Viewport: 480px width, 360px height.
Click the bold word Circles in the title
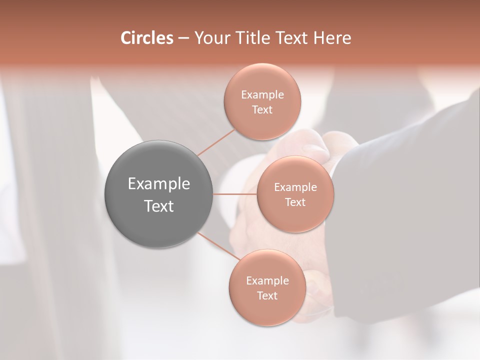click(x=147, y=38)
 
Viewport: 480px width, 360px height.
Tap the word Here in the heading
click(x=332, y=38)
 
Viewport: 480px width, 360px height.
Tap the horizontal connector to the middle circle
click(x=235, y=194)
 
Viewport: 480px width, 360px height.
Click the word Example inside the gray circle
click(x=159, y=184)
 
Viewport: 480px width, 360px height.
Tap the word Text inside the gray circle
click(x=159, y=206)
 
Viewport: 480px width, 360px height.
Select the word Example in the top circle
click(x=262, y=95)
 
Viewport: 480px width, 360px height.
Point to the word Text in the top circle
click(x=262, y=110)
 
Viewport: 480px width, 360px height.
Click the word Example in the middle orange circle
click(x=295, y=187)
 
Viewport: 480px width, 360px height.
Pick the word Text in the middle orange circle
click(x=295, y=202)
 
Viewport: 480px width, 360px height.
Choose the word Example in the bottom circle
click(x=267, y=281)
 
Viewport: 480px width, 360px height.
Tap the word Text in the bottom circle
click(x=267, y=296)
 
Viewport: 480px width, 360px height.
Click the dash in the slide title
click(x=183, y=38)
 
